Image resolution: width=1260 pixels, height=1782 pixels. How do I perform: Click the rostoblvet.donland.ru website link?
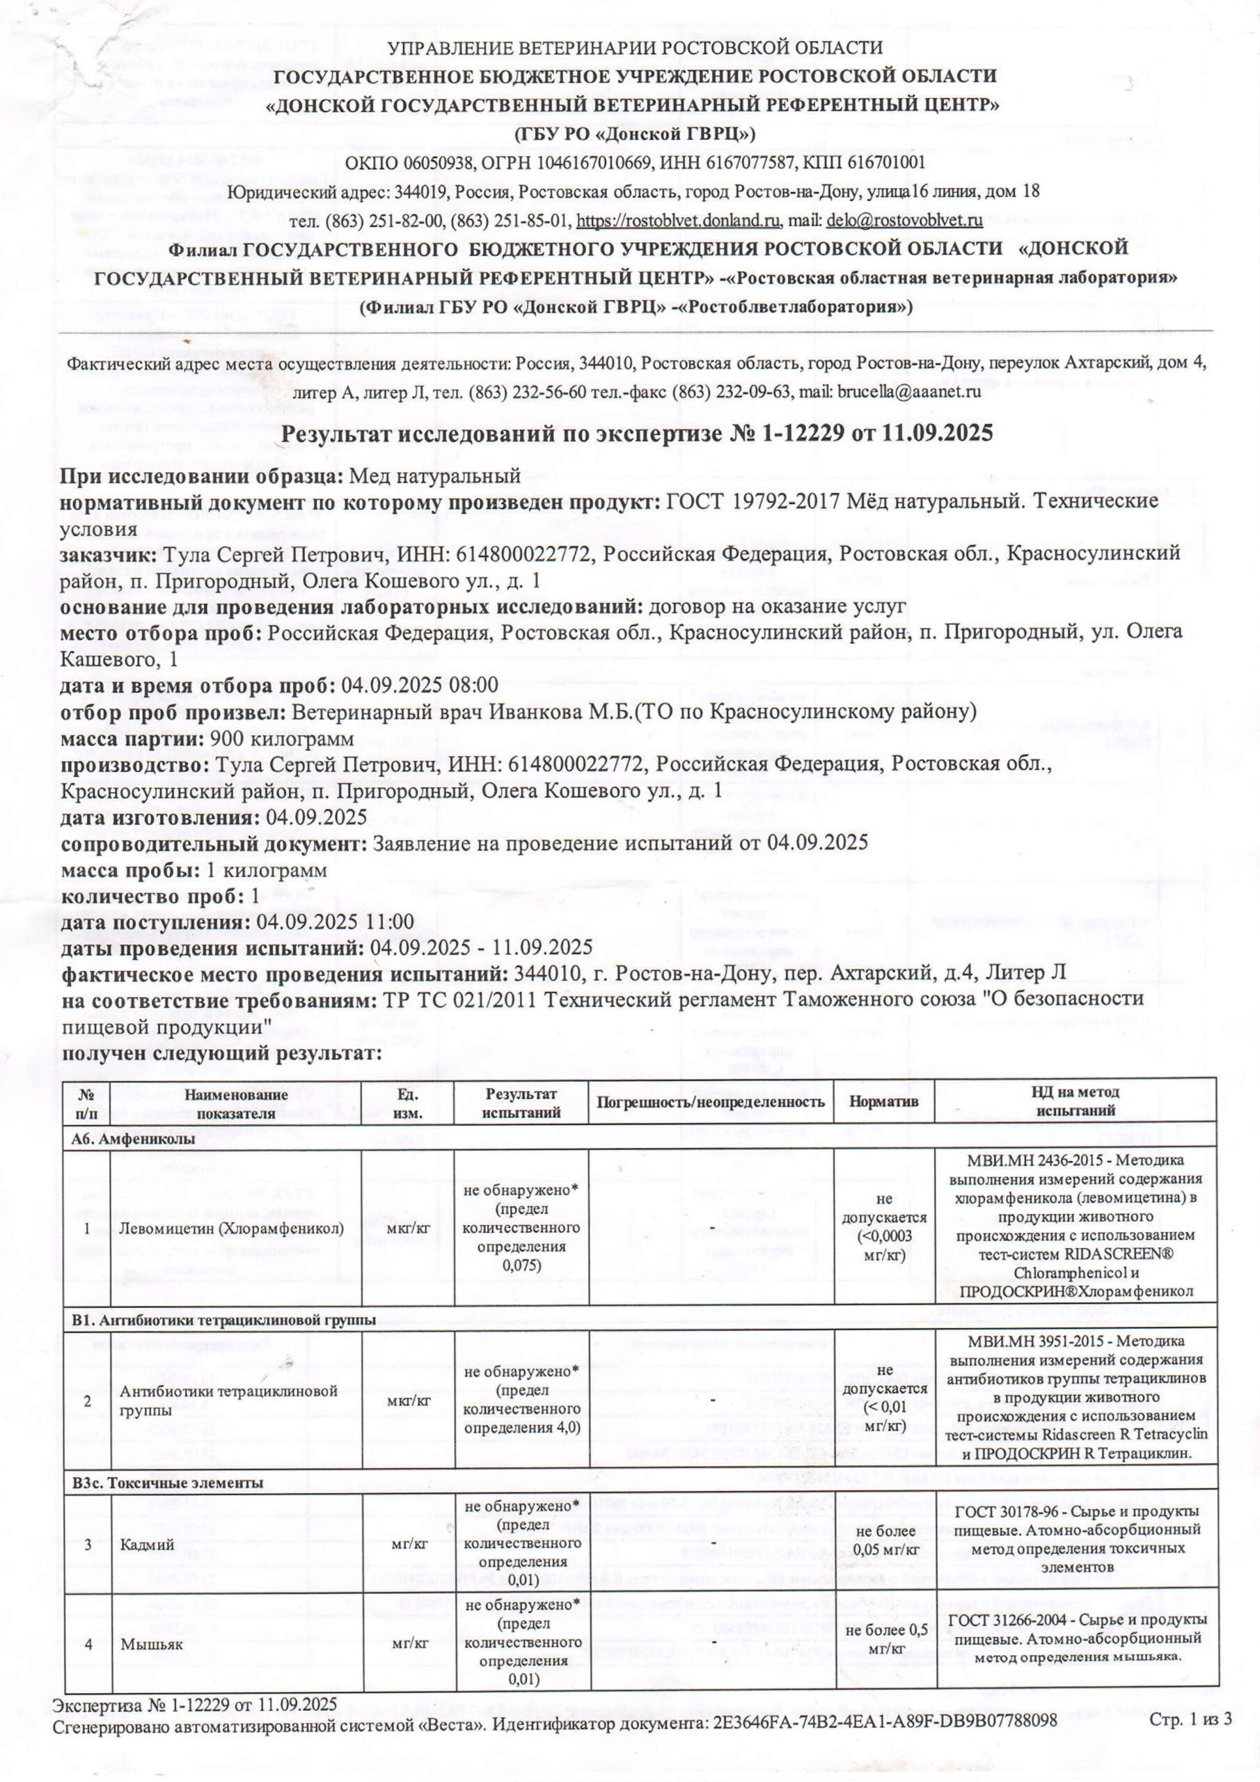[678, 221]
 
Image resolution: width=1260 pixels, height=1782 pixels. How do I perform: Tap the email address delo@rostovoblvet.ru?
[904, 221]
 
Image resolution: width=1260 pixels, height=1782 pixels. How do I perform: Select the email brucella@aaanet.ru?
[908, 392]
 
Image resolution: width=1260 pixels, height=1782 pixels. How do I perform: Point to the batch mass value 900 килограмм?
[283, 738]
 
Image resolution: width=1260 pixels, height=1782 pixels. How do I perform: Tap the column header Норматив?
[883, 1101]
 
